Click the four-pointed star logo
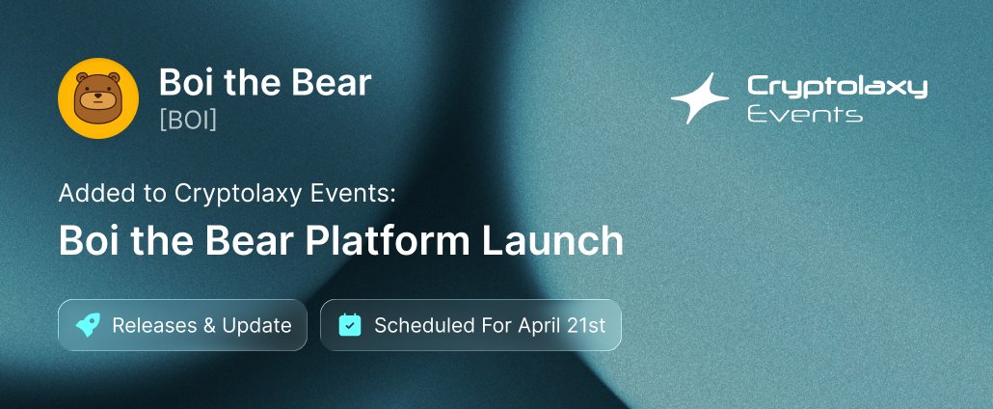pyautogui.click(x=701, y=98)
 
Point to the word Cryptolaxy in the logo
pyautogui.click(x=837, y=88)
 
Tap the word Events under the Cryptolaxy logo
pyautogui.click(x=805, y=115)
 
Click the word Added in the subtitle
pyautogui.click(x=90, y=193)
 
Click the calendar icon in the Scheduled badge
pyautogui.click(x=350, y=325)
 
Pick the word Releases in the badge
pyautogui.click(x=154, y=325)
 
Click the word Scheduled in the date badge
pyautogui.click(x=421, y=325)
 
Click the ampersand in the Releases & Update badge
pyautogui.click(x=209, y=325)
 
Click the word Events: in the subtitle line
pyautogui.click(x=361, y=193)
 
